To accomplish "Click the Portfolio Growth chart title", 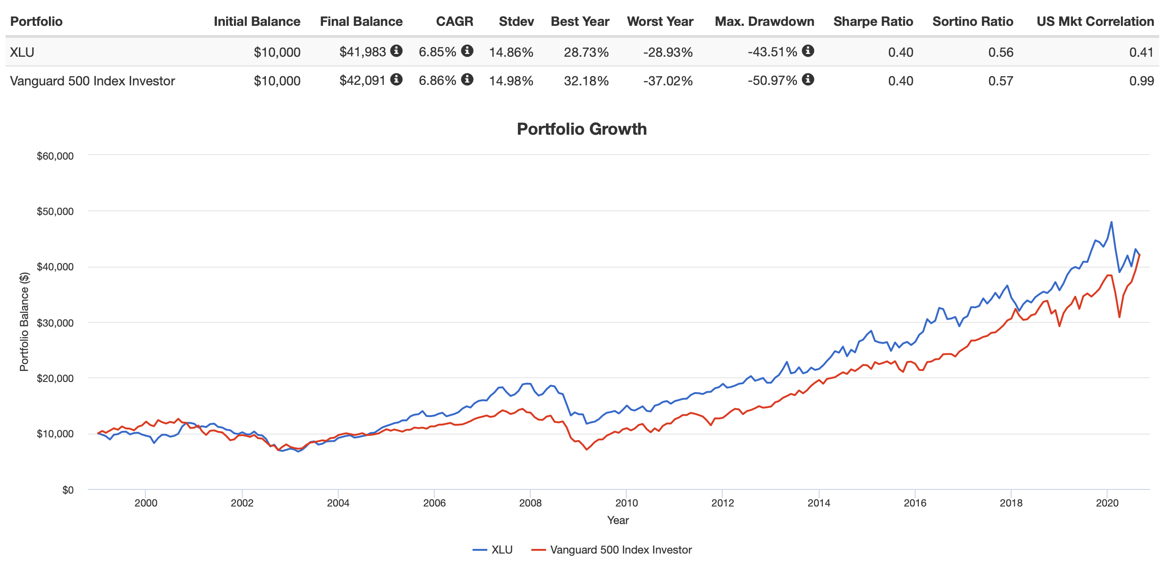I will tap(581, 129).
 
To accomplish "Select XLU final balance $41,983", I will tap(362, 52).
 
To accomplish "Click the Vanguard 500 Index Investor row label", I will tap(92, 81).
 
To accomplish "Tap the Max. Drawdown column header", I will tap(764, 22).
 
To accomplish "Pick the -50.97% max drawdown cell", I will tap(772, 81).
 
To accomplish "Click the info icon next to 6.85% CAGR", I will tap(467, 51).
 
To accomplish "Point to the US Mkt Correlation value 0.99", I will tap(1141, 81).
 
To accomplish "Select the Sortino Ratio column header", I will tap(972, 22).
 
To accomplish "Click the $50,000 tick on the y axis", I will tap(55, 212).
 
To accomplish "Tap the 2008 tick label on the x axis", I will tap(530, 503).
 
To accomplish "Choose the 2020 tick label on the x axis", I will tap(1107, 503).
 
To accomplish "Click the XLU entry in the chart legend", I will tap(493, 550).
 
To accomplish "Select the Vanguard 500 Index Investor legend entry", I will tap(612, 550).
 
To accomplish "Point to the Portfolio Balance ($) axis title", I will tap(24, 322).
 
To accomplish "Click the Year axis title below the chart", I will tap(618, 520).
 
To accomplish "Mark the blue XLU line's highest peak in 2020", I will tap(1111, 222).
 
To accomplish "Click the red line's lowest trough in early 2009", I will tap(587, 449).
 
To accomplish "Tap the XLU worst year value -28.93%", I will tap(668, 52).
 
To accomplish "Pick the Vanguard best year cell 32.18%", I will tap(586, 81).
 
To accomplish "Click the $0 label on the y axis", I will tap(68, 490).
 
